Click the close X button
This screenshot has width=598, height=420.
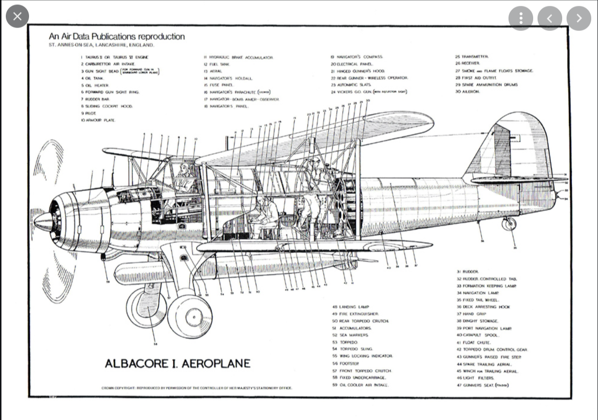[x=17, y=17]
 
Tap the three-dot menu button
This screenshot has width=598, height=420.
[x=521, y=18]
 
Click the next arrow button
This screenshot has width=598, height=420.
[x=579, y=18]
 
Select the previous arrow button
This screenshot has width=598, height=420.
[x=550, y=18]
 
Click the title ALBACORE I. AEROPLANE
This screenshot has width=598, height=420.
[x=178, y=363]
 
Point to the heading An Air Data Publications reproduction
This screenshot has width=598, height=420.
[x=117, y=36]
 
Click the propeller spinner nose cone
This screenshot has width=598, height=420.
[x=43, y=222]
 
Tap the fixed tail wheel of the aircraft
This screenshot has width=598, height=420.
[x=508, y=224]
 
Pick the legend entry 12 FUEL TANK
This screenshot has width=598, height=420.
[x=216, y=64]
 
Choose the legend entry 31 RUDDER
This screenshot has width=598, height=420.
[x=467, y=272]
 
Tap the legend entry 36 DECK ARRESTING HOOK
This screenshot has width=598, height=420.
[x=483, y=307]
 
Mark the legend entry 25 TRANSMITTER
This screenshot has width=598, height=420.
[x=472, y=57]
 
